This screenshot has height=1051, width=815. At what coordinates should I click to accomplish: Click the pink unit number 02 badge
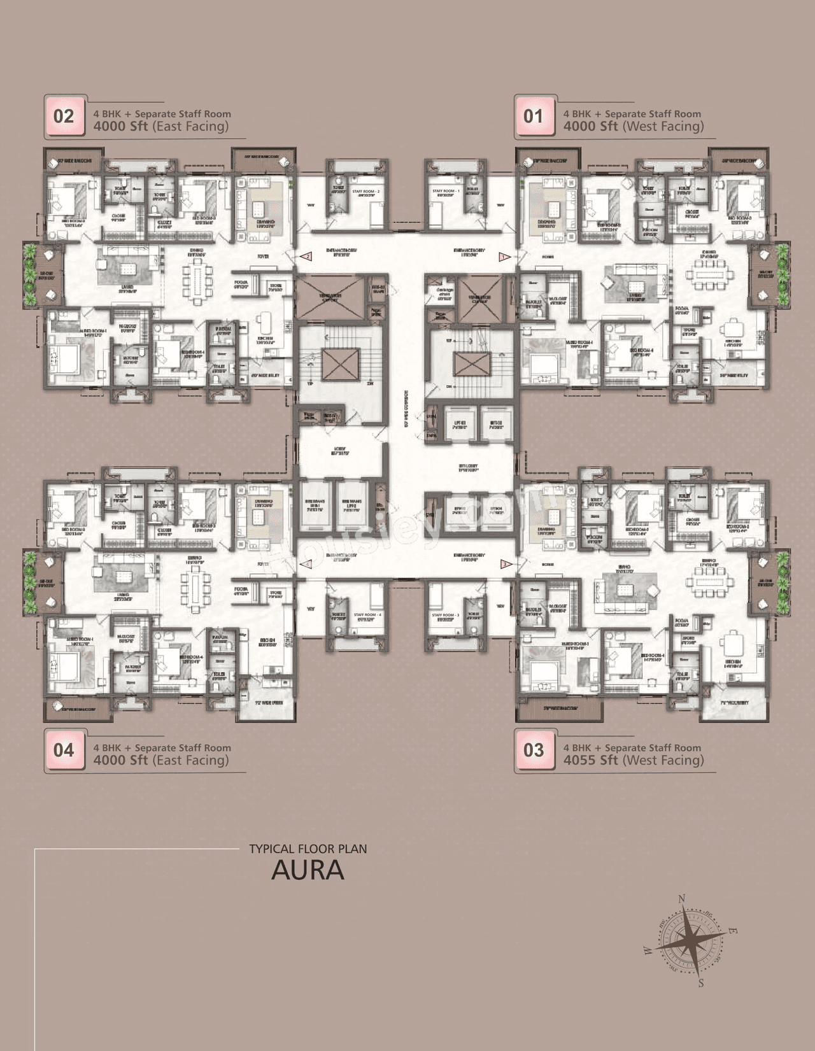64,116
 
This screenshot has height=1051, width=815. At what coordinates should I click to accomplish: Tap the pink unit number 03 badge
534,751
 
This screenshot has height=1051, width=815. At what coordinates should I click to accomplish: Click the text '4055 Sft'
590,760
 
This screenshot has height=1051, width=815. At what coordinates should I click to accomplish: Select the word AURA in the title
308,870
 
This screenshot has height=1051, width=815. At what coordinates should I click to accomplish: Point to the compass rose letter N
682,899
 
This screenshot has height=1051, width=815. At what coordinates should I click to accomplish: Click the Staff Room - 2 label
365,192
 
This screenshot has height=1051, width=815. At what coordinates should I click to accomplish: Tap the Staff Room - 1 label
445,192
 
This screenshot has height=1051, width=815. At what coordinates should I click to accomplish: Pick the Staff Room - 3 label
445,616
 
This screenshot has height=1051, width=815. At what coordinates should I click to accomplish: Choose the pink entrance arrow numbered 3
504,564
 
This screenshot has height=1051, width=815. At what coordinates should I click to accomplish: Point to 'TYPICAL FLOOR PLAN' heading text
308,849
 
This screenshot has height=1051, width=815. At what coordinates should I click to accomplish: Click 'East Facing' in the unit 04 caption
190,760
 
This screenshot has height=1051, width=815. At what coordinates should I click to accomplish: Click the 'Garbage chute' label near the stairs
444,293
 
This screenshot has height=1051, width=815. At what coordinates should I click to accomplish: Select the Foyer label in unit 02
263,257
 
